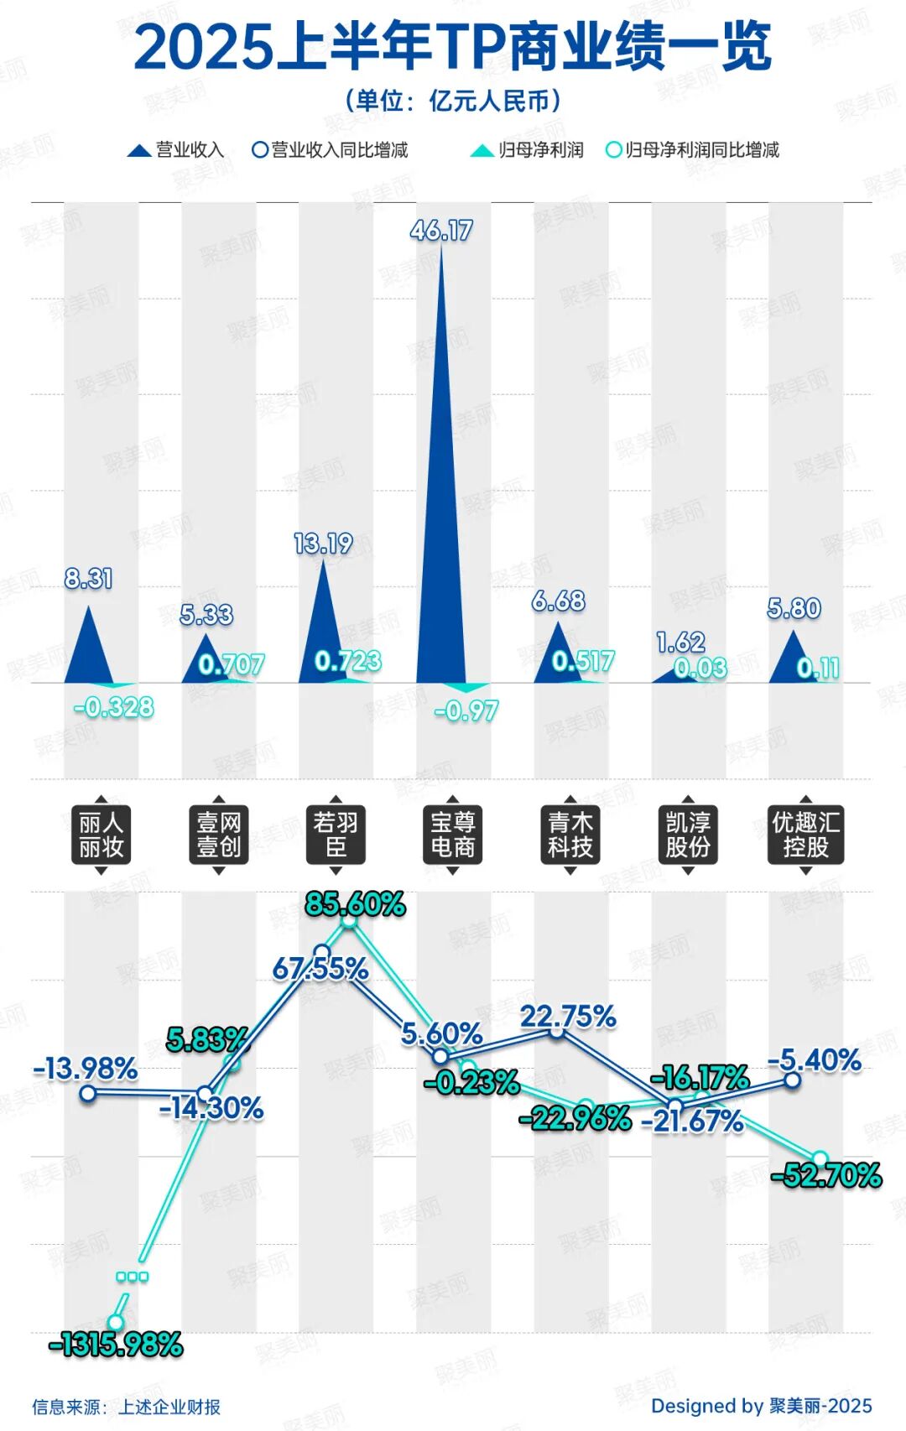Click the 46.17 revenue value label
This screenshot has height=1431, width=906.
point(441,231)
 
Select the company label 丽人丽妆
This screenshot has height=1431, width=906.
point(102,835)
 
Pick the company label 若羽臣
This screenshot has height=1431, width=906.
point(336,835)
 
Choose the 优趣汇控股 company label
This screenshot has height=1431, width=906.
point(805,835)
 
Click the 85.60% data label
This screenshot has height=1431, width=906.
point(355,904)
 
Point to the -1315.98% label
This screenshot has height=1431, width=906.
point(116,1345)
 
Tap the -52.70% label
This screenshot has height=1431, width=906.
point(827,1175)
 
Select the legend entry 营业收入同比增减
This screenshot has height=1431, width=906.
point(331,150)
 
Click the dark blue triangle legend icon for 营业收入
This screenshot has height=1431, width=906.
point(138,151)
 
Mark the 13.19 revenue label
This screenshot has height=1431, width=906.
point(323,544)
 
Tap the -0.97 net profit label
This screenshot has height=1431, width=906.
point(466,711)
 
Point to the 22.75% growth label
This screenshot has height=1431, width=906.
point(568,1017)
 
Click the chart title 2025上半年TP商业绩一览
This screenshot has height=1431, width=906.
point(452,47)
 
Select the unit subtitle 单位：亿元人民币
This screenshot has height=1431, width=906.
point(452,101)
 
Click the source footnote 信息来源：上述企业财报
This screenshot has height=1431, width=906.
point(126,1407)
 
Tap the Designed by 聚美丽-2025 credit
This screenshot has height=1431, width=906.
point(761,1406)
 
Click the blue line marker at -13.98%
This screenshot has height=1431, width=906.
point(88,1093)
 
